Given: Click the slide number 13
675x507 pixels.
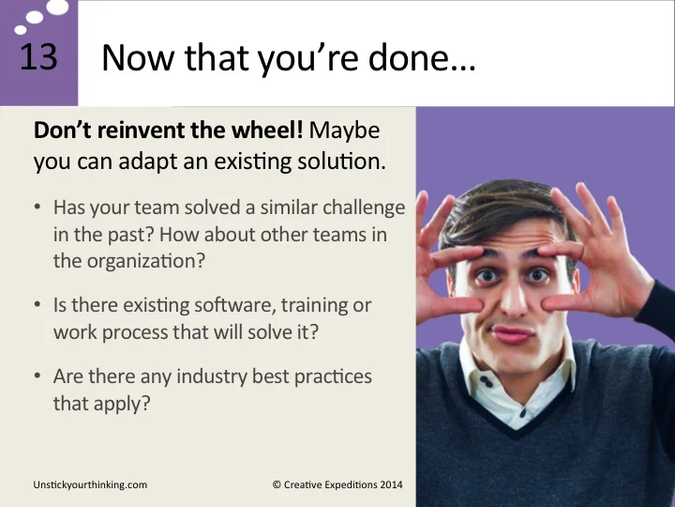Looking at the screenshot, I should (38, 57).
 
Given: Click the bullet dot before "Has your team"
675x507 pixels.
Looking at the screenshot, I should (37, 207).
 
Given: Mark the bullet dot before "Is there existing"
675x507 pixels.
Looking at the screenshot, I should (37, 306).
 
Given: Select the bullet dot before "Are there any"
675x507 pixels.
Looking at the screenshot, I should (37, 376).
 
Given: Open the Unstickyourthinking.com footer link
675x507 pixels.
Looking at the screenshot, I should (90, 484).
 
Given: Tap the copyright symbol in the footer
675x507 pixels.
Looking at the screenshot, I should (277, 484).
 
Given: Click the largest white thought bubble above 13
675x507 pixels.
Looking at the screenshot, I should (57, 8).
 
